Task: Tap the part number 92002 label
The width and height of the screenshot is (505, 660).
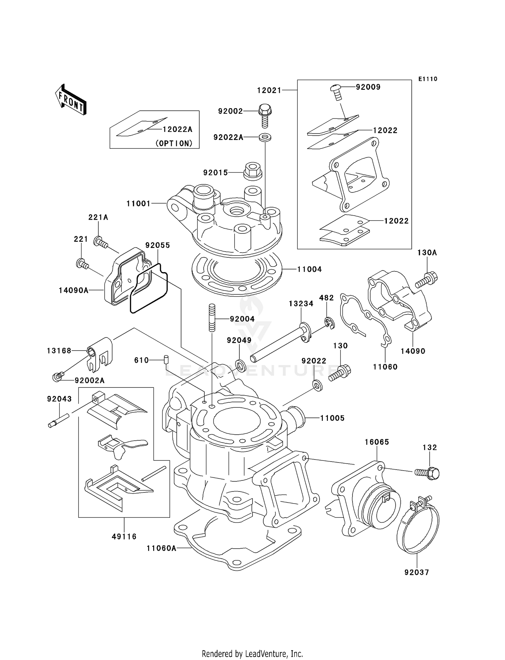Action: click(230, 111)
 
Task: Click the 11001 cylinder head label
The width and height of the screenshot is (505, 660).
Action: click(138, 204)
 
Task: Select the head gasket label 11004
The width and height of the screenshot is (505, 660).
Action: click(309, 269)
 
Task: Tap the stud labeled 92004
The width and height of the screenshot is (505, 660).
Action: click(212, 318)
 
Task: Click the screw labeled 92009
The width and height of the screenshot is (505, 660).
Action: click(335, 91)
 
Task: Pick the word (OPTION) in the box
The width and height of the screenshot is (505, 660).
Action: click(174, 143)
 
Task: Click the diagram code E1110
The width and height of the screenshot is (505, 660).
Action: click(428, 79)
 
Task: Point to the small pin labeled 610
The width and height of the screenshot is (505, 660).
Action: click(166, 359)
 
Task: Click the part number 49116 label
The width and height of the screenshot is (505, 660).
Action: click(124, 537)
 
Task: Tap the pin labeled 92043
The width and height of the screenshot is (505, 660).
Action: click(59, 420)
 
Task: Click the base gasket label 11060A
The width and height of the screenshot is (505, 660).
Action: click(161, 548)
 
